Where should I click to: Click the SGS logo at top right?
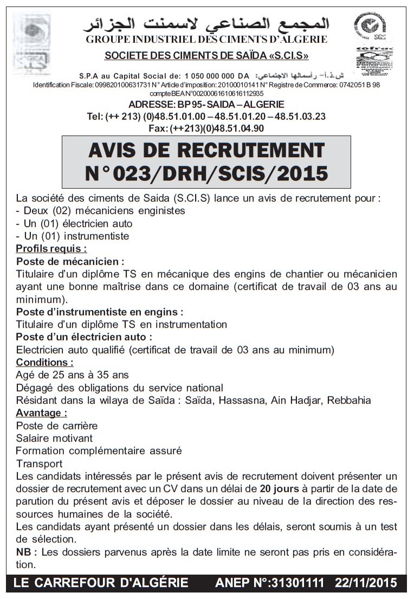(370, 27)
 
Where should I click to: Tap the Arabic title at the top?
(206, 24)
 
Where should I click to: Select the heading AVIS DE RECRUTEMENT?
(206, 150)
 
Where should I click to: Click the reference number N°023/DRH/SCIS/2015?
(206, 173)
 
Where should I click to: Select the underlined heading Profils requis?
(51, 249)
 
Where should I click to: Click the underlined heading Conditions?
(44, 362)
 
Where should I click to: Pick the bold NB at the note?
(26, 552)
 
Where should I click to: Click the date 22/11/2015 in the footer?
(366, 583)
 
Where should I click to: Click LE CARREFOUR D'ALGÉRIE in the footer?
(101, 583)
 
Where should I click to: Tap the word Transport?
(40, 463)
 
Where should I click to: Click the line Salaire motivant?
(54, 438)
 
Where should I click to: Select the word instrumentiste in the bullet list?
(96, 236)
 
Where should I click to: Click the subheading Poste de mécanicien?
(70, 261)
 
